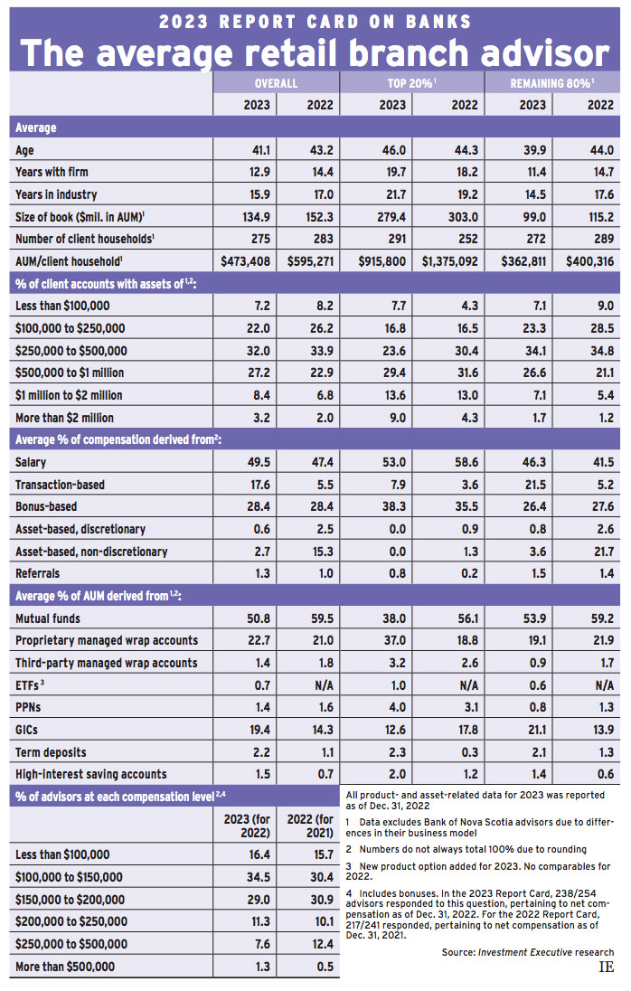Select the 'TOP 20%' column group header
click(411, 82)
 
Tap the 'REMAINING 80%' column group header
click(551, 82)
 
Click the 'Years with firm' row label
click(52, 172)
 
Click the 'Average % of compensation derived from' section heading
click(118, 439)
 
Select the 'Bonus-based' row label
click(46, 506)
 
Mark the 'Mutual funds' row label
click(48, 618)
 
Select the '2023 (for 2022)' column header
click(244, 826)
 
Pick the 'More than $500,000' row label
click(65, 967)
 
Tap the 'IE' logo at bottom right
click(606, 967)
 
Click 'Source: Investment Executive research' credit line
click(528, 952)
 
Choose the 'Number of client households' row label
click(82, 240)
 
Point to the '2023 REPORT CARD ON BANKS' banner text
click(315, 19)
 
